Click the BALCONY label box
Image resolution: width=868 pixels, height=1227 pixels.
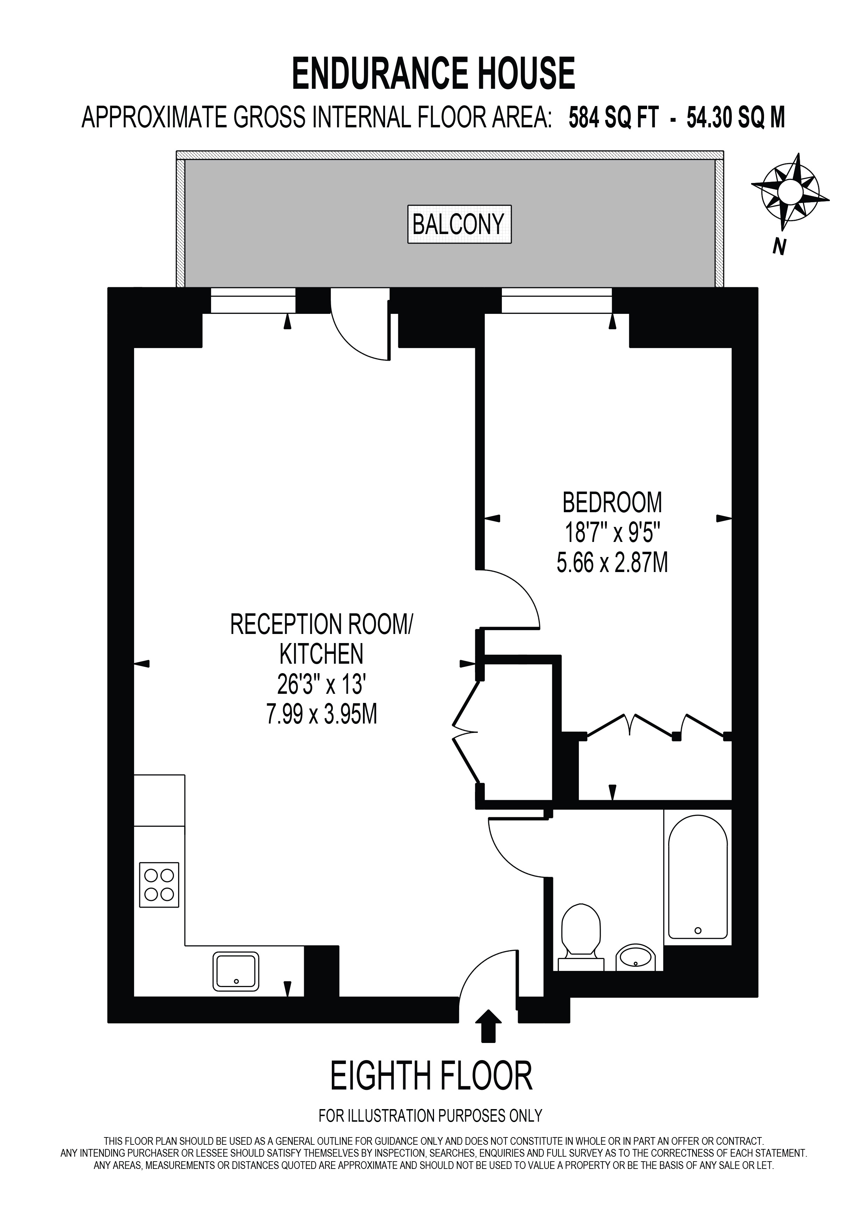coord(459,225)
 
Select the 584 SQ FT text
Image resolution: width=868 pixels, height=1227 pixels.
coord(613,118)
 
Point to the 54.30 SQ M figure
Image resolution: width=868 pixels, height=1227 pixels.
coord(735,118)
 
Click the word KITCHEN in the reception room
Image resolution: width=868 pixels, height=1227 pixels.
coord(321,654)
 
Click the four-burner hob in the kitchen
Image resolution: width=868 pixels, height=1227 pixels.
coord(159,884)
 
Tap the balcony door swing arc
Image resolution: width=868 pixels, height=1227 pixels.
coord(350,342)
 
